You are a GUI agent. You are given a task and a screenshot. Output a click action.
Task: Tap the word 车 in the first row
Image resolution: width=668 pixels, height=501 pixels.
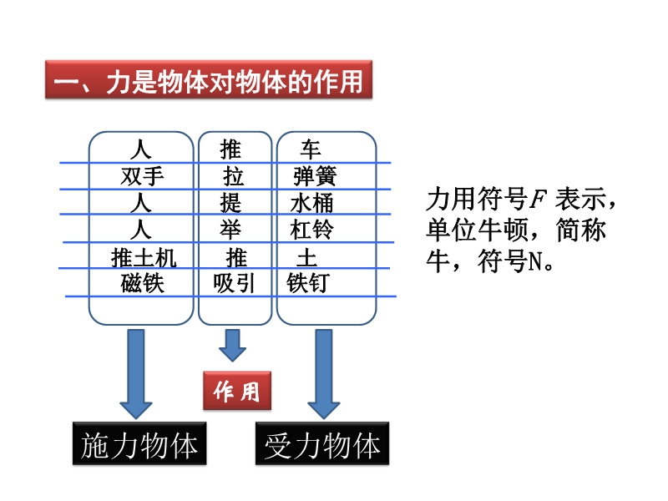[x=311, y=149]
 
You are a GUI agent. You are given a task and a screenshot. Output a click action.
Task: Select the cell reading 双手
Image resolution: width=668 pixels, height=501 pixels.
[x=143, y=176]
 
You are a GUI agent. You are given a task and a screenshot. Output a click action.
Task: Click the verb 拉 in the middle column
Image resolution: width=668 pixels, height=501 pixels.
[x=234, y=176]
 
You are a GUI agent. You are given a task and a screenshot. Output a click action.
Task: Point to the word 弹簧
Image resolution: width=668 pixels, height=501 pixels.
[x=315, y=176]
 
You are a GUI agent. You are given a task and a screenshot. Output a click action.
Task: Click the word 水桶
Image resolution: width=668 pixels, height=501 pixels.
[x=311, y=203]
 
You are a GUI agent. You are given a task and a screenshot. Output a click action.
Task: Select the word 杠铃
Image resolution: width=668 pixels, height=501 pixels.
[x=311, y=229]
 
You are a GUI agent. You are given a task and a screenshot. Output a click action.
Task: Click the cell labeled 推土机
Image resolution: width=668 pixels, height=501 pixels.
[x=144, y=256]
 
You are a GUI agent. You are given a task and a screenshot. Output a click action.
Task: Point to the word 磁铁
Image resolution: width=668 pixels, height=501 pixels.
[x=143, y=283]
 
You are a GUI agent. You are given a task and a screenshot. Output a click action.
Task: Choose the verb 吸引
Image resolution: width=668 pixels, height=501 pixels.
[x=234, y=283]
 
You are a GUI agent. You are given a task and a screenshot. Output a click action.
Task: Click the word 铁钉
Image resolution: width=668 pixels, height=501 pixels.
[x=307, y=283]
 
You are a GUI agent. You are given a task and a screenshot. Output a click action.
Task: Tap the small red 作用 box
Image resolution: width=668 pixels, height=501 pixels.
[x=237, y=391]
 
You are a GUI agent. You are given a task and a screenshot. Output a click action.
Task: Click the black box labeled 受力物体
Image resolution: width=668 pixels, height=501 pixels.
[x=322, y=446]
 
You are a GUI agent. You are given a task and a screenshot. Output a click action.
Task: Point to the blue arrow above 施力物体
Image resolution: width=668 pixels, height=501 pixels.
[x=136, y=372]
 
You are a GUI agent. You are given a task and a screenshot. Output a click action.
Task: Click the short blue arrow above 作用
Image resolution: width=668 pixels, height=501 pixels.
[x=232, y=343]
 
